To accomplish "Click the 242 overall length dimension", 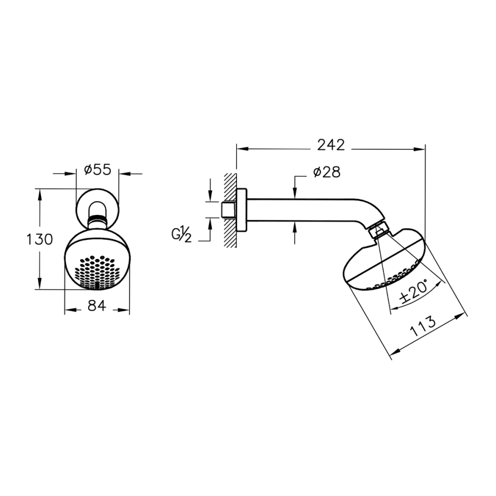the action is (x=331, y=145).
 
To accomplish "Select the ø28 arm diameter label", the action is (x=327, y=172).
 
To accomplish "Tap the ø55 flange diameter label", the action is (x=98, y=170).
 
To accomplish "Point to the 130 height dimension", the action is (x=39, y=240).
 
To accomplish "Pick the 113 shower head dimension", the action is (x=423, y=326).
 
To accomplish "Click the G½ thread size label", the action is (x=181, y=235).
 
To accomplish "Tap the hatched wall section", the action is (x=230, y=210).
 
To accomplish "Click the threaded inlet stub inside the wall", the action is (x=228, y=209).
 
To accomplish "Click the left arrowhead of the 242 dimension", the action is (x=242, y=148).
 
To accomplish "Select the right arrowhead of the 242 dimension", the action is (x=419, y=148).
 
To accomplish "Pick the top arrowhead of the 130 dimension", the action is (x=39, y=194).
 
